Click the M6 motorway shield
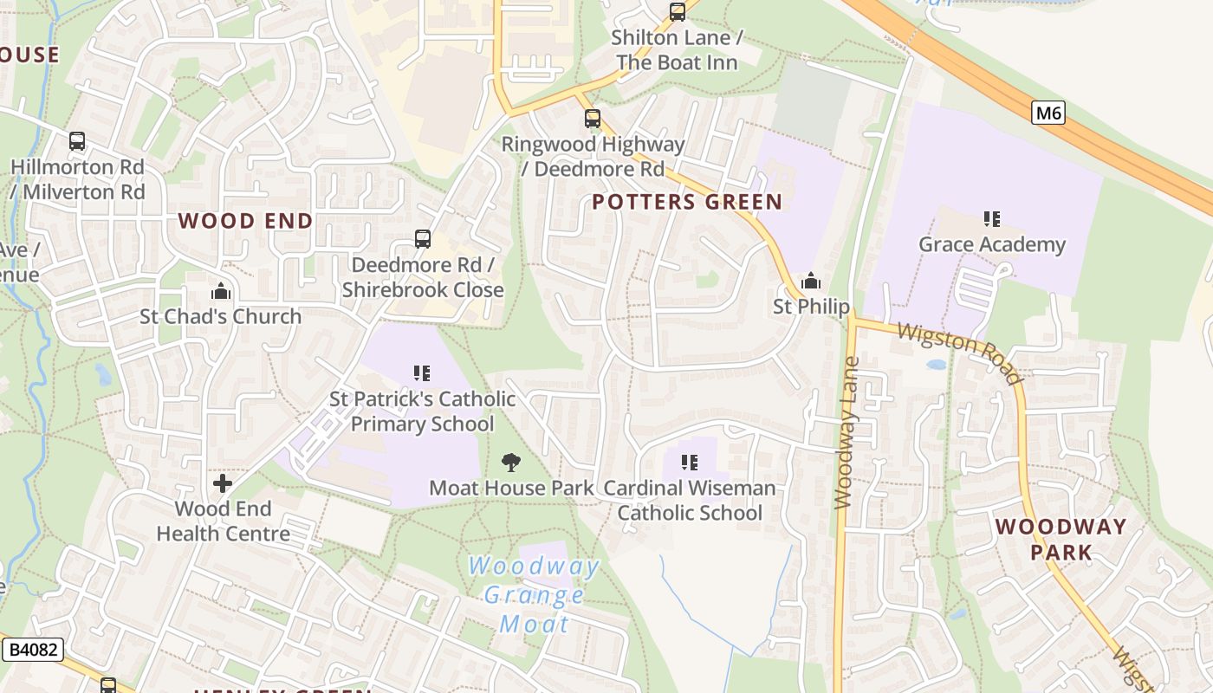click(x=1048, y=113)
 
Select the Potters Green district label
click(x=687, y=203)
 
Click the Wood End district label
click(x=245, y=221)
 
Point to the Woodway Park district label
click(x=1061, y=539)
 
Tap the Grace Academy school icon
click(x=992, y=219)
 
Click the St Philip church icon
click(x=811, y=281)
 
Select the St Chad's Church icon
click(x=221, y=291)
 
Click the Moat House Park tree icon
click(x=511, y=463)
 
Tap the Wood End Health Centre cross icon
click(x=223, y=483)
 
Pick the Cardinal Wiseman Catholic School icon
click(x=690, y=463)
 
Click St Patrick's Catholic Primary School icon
click(x=422, y=373)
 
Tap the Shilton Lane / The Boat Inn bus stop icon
click(x=678, y=12)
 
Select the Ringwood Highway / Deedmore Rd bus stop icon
click(x=593, y=119)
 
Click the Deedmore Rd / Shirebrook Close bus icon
click(x=423, y=239)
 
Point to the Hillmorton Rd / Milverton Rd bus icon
click(x=77, y=141)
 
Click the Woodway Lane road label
click(x=847, y=432)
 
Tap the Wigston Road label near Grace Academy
click(x=960, y=352)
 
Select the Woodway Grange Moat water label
click(x=534, y=595)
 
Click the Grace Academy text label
click(x=992, y=244)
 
